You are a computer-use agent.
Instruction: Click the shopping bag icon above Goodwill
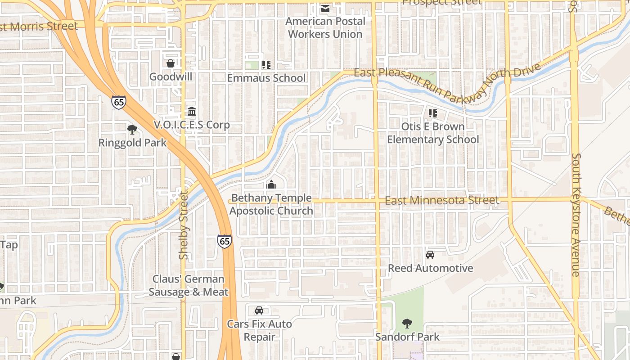coord(171,63)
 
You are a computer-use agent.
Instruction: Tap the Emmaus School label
coord(266,78)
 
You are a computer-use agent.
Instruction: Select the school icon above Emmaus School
coord(266,65)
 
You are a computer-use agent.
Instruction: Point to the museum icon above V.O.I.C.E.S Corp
coord(192,111)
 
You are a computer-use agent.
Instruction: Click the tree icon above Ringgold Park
coord(132,130)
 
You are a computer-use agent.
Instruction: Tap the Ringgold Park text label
coord(132,143)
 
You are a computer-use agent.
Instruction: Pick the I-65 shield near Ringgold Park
coord(119,102)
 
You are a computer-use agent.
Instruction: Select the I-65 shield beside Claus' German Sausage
coord(225,241)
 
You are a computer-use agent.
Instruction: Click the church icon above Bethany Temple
coord(271,184)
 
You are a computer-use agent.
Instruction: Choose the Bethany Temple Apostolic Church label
coord(271,204)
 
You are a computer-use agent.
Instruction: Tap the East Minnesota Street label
coord(442,200)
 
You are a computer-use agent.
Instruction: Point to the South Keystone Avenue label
coord(576,215)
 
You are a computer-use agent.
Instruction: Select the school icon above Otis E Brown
coord(433,113)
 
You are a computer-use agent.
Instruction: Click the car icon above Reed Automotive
coord(430,255)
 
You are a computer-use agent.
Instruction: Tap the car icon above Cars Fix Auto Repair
coord(259,310)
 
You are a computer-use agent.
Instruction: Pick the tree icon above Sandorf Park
coord(407,323)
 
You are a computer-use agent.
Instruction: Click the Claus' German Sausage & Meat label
coord(189,285)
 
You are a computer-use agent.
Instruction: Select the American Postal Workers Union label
coord(325,27)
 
